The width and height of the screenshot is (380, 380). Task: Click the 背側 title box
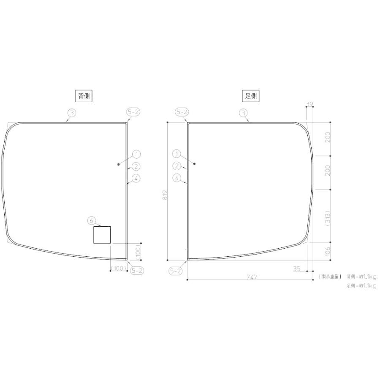[x=84, y=96]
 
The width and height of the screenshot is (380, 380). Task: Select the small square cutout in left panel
[x=102, y=235]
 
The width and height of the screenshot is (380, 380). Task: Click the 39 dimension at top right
[x=309, y=103]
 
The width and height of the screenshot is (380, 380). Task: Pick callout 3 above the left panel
[x=72, y=112]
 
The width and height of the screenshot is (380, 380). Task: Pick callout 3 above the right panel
[x=243, y=112]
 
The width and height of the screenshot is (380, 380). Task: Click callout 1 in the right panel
[x=177, y=154]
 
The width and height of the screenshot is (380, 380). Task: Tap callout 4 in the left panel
[x=136, y=178]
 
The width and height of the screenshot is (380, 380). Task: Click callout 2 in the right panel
[x=177, y=166]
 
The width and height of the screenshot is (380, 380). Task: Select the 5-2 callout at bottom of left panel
[x=136, y=271]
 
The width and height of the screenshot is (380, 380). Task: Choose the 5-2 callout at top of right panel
[x=182, y=112]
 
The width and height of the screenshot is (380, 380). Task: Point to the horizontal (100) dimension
[x=118, y=269]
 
